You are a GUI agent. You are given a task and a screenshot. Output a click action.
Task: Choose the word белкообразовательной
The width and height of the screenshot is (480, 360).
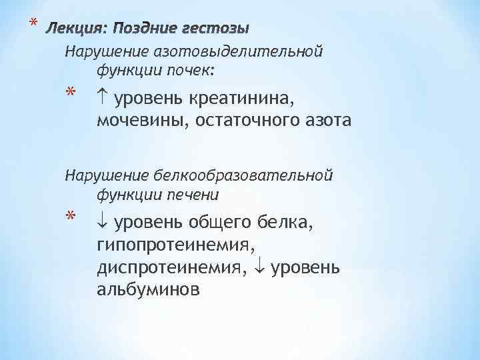(243, 176)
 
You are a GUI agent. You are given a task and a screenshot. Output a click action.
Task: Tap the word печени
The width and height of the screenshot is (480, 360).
(195, 194)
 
